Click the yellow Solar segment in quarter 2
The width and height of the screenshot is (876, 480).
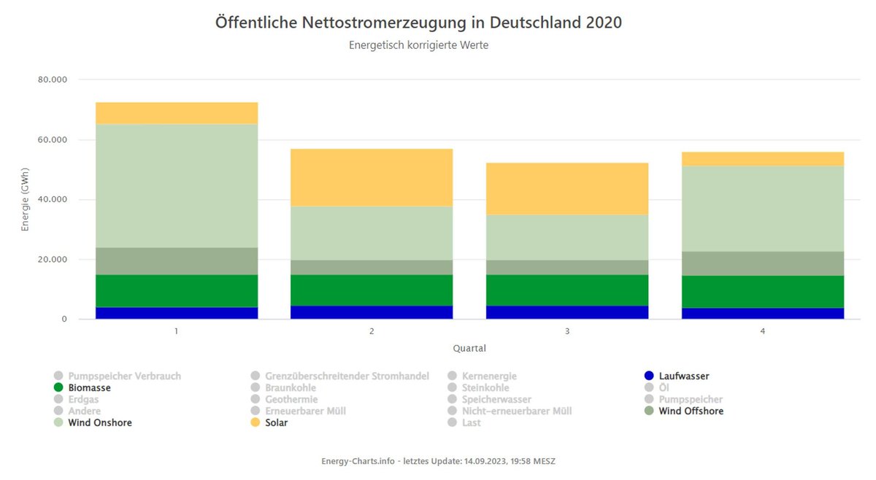click(372, 177)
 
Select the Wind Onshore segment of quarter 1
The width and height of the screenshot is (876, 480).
click(177, 185)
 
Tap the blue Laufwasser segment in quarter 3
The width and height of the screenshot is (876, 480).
click(567, 312)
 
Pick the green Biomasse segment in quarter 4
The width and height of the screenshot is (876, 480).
click(763, 291)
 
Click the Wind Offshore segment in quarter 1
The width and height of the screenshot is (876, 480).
click(177, 261)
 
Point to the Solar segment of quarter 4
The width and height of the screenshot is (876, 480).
click(763, 159)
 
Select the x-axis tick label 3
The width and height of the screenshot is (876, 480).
click(567, 331)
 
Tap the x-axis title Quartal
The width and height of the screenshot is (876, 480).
click(469, 348)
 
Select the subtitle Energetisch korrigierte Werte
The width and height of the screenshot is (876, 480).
click(418, 45)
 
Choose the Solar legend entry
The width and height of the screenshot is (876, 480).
click(276, 422)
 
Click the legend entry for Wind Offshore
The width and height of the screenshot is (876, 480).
click(690, 411)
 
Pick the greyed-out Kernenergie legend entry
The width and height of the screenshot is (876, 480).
click(488, 376)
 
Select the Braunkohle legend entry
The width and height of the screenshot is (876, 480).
click(291, 387)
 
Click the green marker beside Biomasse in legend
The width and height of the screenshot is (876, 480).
click(59, 387)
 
